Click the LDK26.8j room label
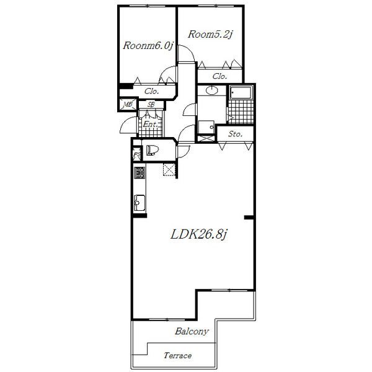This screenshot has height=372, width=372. click(199, 234)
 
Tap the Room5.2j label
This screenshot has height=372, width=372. click(210, 34)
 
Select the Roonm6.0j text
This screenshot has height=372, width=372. click(148, 45)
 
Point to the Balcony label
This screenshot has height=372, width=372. click(192, 331)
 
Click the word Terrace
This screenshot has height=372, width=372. click(178, 355)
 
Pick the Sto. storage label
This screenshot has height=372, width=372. click(235, 134)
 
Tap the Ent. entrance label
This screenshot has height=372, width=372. click(150, 124)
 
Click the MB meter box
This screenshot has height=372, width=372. click(128, 104)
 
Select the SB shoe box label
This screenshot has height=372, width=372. click(151, 104)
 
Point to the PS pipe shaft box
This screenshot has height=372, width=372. click(137, 154)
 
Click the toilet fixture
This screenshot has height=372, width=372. click(153, 151)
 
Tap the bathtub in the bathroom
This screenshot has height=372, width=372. click(241, 93)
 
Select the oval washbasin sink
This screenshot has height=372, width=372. click(211, 90)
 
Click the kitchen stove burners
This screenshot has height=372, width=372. click(139, 172)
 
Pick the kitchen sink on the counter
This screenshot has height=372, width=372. click(139, 203)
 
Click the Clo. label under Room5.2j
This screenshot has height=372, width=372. click(219, 76)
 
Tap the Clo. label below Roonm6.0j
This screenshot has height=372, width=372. click(151, 91)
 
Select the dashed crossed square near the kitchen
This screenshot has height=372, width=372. click(169, 169)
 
